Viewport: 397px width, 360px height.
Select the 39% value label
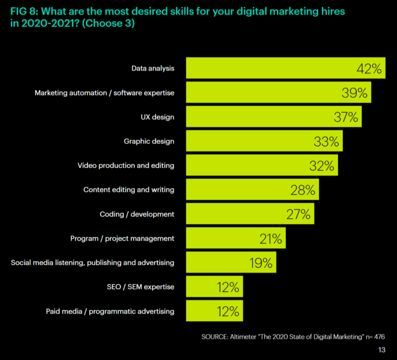[x=355, y=93]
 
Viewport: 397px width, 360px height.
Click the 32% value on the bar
[x=322, y=166]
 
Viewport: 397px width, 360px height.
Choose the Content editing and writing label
[x=129, y=190]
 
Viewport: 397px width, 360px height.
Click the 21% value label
[x=270, y=239]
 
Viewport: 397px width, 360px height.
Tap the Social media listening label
[x=93, y=262]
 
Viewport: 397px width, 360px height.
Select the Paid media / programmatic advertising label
[x=109, y=311]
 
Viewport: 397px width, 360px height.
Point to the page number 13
[x=381, y=350]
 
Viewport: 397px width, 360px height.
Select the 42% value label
[x=370, y=69]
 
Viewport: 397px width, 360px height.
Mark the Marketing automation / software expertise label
[x=104, y=93]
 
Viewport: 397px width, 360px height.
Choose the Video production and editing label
[x=126, y=166]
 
